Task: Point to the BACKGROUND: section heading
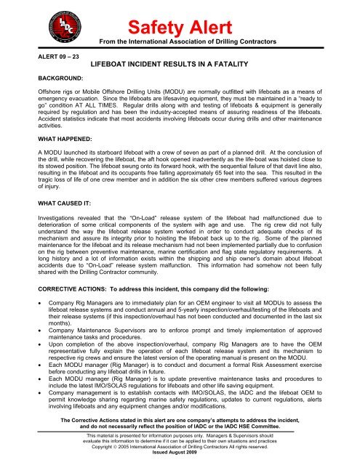pos(42,95)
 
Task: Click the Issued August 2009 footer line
pos(180,460)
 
